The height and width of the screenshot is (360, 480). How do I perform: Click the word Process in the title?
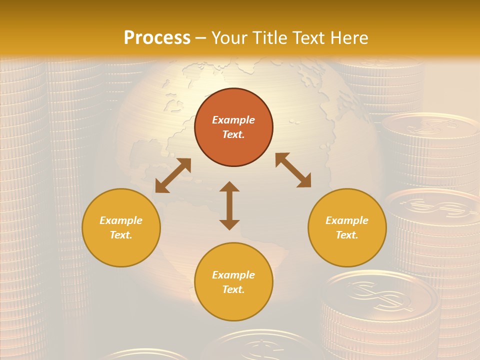[157, 38]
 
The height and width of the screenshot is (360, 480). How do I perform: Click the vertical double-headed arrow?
[229, 205]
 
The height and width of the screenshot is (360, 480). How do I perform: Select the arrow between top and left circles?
[173, 175]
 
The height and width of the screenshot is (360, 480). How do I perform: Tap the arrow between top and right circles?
[293, 170]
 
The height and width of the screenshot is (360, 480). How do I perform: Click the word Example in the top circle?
[233, 120]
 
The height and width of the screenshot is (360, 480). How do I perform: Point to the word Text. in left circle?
[121, 235]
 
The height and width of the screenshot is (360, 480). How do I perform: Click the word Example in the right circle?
[347, 220]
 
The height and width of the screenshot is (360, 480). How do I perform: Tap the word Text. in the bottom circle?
[233, 289]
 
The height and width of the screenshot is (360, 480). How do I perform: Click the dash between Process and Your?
[200, 38]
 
